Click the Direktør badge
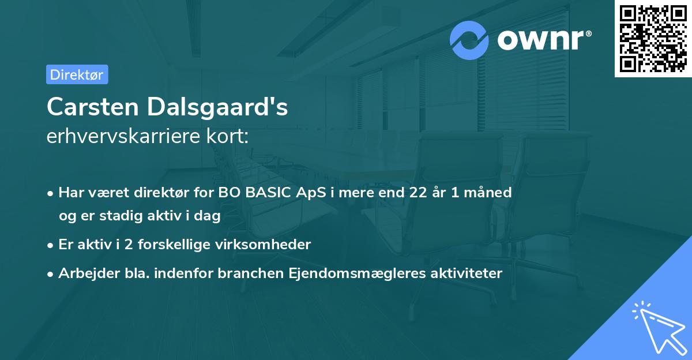point(77,74)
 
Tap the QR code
point(653,39)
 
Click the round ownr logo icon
point(469,40)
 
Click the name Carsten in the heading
point(92,106)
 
